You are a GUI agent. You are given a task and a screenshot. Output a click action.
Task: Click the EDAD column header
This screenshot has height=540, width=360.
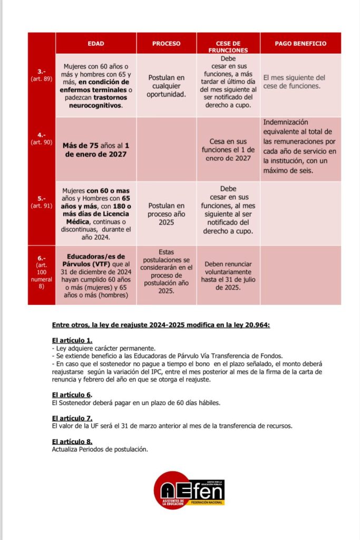[96, 43]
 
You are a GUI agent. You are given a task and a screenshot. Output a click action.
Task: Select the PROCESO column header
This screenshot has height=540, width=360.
[167, 43]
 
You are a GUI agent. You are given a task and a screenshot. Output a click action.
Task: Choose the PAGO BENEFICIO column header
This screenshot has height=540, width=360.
[300, 43]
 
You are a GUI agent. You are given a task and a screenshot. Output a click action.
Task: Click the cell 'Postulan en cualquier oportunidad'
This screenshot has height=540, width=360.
[167, 85]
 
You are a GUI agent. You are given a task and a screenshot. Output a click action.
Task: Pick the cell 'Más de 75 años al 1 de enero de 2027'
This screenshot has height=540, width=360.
[96, 149]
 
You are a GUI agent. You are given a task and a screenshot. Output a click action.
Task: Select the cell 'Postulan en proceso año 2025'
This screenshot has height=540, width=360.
[167, 214]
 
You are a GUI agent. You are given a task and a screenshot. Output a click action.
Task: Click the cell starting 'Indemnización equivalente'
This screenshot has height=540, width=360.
[299, 146]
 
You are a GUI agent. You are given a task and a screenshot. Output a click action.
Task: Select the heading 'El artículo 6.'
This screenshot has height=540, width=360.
[72, 394]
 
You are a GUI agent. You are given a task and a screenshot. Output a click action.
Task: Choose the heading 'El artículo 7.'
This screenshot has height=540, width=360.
[72, 418]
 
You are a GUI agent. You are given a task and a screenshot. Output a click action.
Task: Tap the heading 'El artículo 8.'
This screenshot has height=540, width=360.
[72, 441]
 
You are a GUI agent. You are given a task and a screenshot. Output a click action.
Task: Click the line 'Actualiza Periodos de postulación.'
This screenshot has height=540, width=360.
[100, 449]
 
